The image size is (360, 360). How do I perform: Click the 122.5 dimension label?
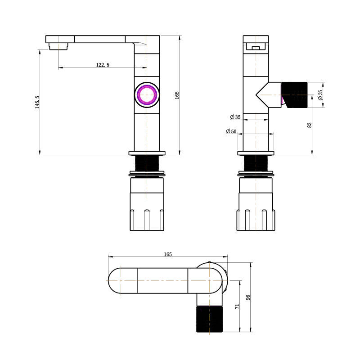103,65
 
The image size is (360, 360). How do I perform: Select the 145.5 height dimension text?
37,102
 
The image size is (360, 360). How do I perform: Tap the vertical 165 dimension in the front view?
177,95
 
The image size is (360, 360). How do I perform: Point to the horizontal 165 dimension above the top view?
167,254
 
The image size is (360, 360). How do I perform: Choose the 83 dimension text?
309,125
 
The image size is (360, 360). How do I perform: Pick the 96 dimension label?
248,297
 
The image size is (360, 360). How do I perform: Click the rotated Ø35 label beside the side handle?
320,95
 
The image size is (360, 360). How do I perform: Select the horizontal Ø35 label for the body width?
235,117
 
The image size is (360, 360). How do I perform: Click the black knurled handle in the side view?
294,95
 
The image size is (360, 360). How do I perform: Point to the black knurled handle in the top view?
210,319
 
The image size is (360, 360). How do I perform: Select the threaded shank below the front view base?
147,163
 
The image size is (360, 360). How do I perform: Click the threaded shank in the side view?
256,163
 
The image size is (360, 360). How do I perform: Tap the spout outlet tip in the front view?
58,45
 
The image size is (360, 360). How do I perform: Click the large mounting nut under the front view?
147,205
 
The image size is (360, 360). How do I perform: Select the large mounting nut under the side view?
256,205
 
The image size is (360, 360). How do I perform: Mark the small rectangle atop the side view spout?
256,47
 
